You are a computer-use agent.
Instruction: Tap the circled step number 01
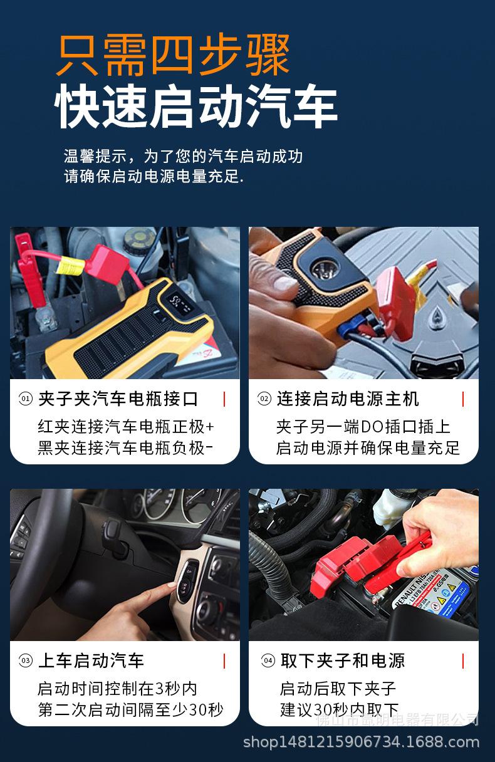coord(26,399)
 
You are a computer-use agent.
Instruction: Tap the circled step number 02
coord(264,399)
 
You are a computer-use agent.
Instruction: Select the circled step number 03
coord(26,660)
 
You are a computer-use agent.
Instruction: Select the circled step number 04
coord(268,660)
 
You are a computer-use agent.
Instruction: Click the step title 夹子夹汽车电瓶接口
coord(118,399)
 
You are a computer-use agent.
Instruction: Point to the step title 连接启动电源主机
coord(348,399)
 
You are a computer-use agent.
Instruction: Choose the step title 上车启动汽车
coord(91,660)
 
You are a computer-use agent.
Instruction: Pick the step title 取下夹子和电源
coord(343,660)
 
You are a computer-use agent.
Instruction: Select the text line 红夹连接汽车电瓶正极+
coord(125,427)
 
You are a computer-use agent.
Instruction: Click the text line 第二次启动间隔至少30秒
coord(130,709)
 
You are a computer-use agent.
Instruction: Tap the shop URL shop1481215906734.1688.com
coord(361,742)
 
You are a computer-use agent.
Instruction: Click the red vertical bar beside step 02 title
coord(463,399)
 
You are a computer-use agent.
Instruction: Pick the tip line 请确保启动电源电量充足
coord(154,177)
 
